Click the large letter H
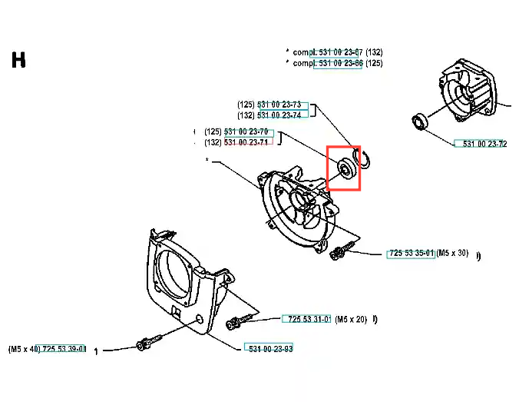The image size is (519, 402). click(x=18, y=60)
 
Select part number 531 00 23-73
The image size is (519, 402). click(x=279, y=105)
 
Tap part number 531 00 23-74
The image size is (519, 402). click(x=279, y=115)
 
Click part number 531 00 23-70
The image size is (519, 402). click(x=246, y=131)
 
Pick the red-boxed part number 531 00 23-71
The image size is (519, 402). click(x=246, y=142)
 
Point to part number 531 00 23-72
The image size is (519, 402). click(x=484, y=144)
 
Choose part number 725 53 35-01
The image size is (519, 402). click(x=412, y=253)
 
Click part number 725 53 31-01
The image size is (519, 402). click(x=309, y=319)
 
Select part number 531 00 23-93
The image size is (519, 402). click(x=271, y=349)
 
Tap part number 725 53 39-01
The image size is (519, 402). click(x=64, y=349)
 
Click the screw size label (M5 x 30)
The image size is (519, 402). click(x=452, y=253)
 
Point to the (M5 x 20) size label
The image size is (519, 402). click(x=351, y=320)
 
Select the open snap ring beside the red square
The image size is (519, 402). click(x=362, y=158)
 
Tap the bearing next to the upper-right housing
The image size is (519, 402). click(x=420, y=121)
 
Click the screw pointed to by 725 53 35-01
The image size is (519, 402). click(x=342, y=251)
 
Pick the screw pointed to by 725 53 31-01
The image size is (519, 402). click(x=239, y=321)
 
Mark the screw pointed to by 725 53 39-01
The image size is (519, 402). click(x=149, y=343)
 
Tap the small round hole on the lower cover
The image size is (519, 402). click(x=200, y=319)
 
